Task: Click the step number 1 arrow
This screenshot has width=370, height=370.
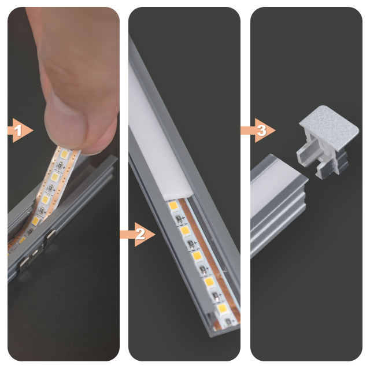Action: (x=20, y=130)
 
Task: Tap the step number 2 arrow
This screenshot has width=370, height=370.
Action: (x=138, y=234)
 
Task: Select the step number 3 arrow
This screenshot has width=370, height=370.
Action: (x=258, y=130)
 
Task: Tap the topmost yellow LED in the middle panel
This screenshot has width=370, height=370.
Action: (x=173, y=206)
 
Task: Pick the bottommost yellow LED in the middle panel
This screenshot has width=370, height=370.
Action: (x=222, y=308)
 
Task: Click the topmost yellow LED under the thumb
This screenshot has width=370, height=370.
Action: (x=64, y=154)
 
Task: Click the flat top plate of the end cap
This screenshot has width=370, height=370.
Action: (x=329, y=127)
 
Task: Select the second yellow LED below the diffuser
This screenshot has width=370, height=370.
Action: (x=185, y=230)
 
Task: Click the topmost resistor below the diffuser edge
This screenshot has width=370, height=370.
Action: (x=179, y=219)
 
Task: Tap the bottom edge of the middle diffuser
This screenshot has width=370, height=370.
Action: (x=177, y=197)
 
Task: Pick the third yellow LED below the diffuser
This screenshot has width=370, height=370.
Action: (x=197, y=256)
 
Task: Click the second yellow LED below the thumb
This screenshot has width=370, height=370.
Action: (x=55, y=177)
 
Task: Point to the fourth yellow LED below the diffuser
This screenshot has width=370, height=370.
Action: (x=209, y=282)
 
